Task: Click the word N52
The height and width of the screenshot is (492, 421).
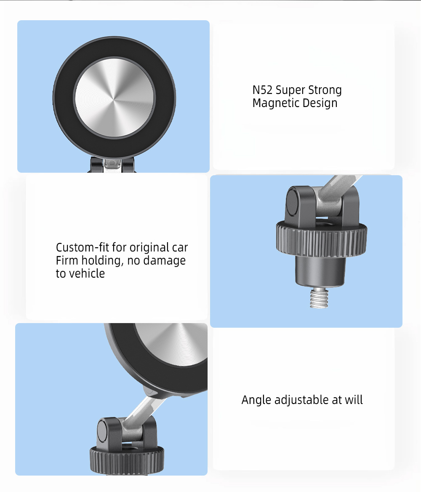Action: (262, 90)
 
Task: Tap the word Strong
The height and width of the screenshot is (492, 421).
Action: (325, 90)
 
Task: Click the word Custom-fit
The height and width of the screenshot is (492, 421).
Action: (83, 248)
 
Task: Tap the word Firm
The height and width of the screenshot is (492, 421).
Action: (67, 261)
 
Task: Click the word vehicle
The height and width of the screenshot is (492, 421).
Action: (87, 274)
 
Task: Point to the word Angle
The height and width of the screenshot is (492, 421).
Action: (257, 400)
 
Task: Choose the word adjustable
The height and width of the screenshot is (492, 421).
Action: (301, 400)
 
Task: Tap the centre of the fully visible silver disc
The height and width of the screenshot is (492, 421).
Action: (114, 98)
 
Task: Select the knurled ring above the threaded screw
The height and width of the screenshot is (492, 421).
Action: (322, 240)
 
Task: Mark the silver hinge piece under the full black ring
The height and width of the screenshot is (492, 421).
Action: (113, 165)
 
